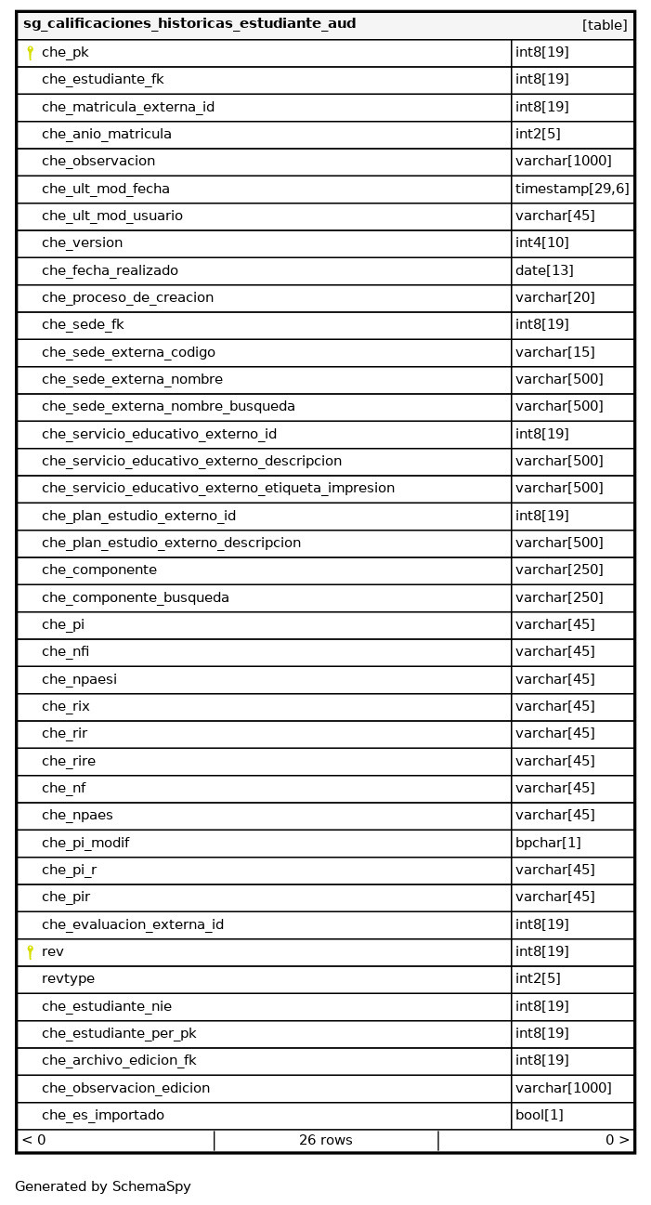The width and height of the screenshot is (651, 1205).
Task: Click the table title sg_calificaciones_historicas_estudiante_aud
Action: [x=189, y=24]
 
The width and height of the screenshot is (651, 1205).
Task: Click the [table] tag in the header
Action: [x=605, y=25]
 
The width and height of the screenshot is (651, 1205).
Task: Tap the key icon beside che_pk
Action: [x=30, y=53]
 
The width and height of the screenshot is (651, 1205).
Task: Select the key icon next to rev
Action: [x=30, y=951]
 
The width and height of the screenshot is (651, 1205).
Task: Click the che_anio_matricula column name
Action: [x=107, y=134]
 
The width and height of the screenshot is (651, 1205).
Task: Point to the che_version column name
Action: [x=82, y=242]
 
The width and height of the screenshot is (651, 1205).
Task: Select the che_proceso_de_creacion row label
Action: [x=127, y=297]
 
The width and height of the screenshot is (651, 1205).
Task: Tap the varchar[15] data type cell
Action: [x=555, y=352]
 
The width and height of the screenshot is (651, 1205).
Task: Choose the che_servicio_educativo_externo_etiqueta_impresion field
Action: [x=218, y=488]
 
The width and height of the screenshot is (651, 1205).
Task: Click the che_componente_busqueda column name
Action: [x=136, y=597]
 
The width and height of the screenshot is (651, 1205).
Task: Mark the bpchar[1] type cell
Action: [x=548, y=843]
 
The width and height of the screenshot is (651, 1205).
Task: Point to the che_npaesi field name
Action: [x=79, y=679]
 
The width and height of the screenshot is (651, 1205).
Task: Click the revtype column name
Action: [x=68, y=978]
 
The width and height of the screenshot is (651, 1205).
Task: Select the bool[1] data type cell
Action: [x=540, y=1115]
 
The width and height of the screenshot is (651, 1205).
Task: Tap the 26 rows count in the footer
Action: [x=325, y=1140]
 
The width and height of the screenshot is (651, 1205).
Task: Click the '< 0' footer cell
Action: [x=34, y=1140]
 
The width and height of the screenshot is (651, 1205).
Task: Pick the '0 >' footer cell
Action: [x=617, y=1140]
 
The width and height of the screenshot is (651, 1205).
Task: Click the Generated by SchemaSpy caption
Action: [x=103, y=1186]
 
